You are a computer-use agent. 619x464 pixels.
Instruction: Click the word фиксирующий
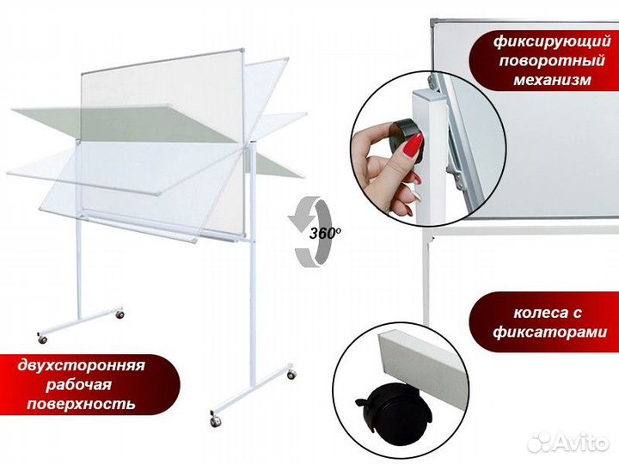click(x=552, y=42)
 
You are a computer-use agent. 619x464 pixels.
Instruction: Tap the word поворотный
click(x=552, y=61)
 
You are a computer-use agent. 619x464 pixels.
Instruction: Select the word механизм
click(x=552, y=80)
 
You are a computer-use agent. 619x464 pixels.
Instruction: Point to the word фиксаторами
click(x=549, y=332)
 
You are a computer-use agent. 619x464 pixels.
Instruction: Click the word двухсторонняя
click(x=82, y=365)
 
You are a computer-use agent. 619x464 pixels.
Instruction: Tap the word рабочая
click(x=78, y=385)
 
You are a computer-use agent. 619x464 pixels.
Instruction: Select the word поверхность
click(x=82, y=404)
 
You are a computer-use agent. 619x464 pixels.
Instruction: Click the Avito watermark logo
click(x=568, y=442)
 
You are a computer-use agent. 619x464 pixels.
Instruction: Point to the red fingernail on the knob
click(x=413, y=147)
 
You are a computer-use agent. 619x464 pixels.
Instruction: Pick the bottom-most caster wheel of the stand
click(x=215, y=421)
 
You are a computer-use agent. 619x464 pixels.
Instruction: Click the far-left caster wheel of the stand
click(x=42, y=339)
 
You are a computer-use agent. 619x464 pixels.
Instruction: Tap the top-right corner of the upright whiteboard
click(x=242, y=51)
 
